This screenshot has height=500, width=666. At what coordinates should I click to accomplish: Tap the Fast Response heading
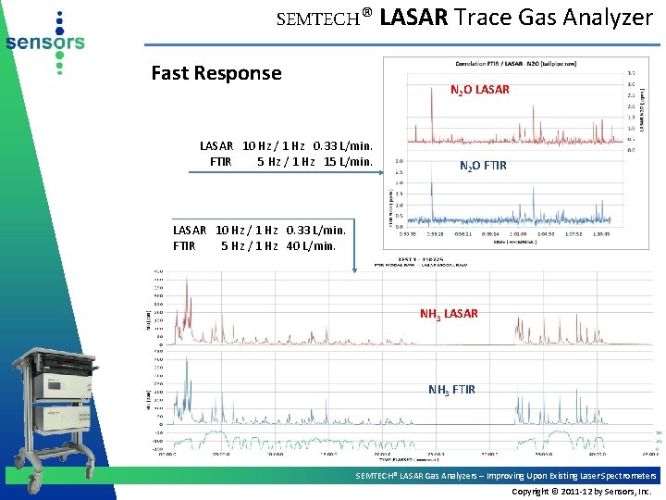point(216,73)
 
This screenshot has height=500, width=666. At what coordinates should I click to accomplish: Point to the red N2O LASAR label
point(479,90)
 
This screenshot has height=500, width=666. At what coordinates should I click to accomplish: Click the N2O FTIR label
point(483,167)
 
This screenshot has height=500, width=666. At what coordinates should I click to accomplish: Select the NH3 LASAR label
point(449,314)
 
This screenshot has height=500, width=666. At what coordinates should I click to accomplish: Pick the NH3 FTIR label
point(451,390)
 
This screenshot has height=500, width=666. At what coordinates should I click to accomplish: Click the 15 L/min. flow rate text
point(348,162)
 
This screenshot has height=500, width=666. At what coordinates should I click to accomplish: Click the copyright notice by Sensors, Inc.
point(582,491)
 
